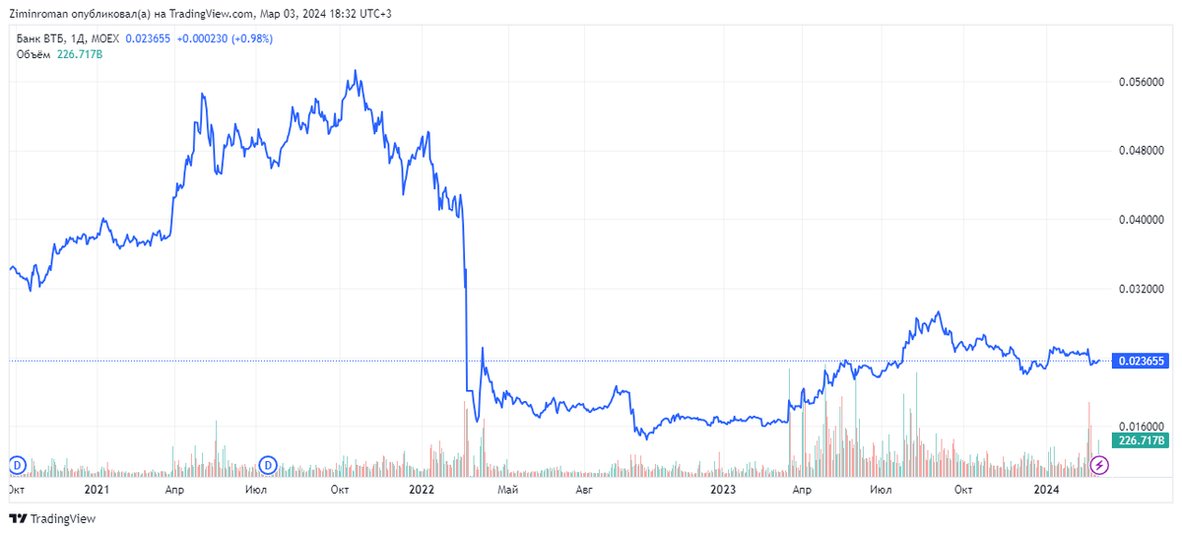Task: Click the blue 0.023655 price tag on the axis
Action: pos(1141,362)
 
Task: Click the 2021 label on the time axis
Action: pos(97,490)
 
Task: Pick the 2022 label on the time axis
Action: pos(422,490)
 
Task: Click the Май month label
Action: pos(508,490)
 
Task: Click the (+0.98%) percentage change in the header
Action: pos(251,38)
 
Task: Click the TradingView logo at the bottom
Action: pos(53,518)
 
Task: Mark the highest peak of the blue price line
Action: pos(356,71)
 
